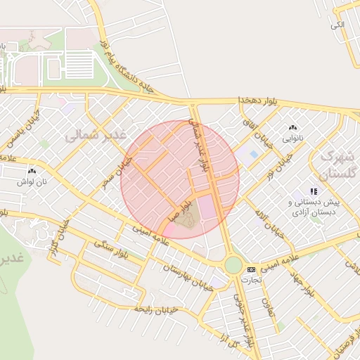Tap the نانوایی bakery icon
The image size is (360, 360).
point(293,127)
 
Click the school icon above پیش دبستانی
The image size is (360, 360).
point(314,191)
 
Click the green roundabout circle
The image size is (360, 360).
point(233,265)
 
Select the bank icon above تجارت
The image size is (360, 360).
point(251,269)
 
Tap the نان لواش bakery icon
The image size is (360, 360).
point(31,170)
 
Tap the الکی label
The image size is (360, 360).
point(338,25)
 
